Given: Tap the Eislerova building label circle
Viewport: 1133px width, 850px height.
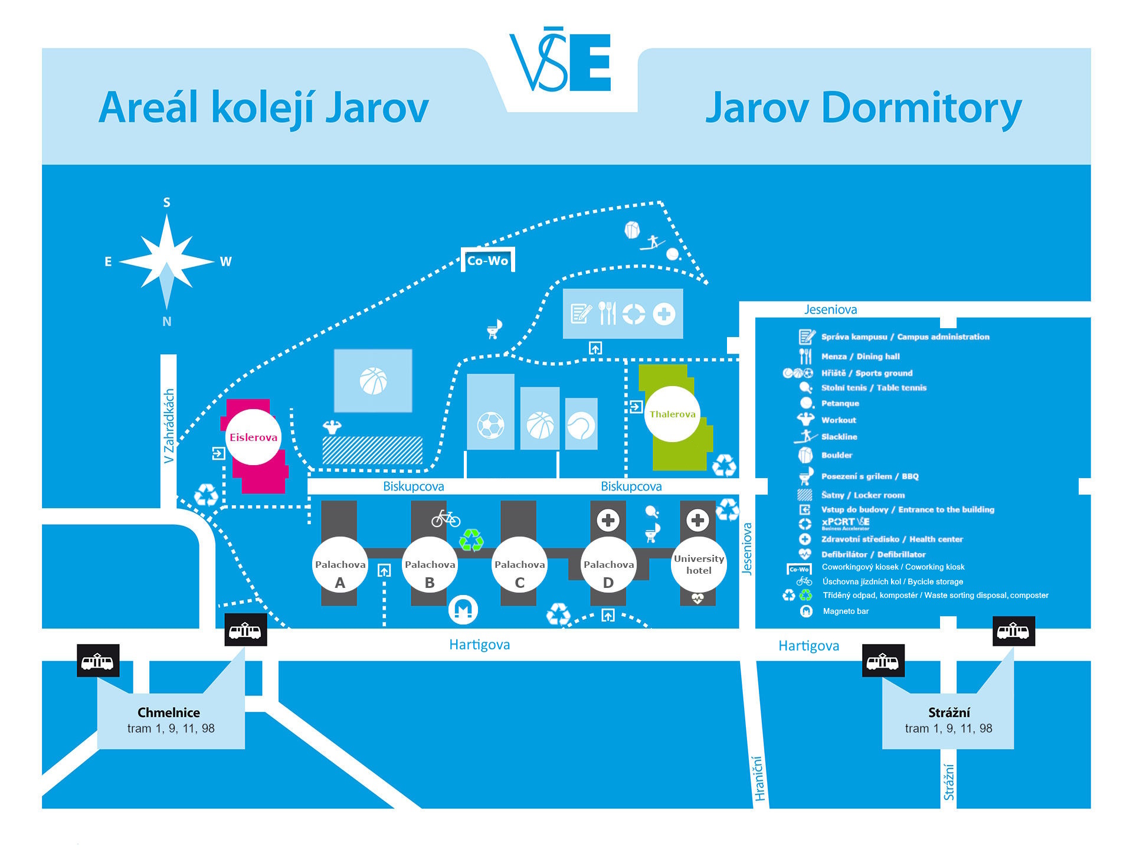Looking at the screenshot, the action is click(254, 437).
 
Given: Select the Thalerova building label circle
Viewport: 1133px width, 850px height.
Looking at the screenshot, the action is click(672, 414).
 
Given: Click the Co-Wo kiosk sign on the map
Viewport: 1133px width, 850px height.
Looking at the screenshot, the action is click(488, 260).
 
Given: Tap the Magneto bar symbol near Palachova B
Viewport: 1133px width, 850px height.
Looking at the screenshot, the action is click(463, 609).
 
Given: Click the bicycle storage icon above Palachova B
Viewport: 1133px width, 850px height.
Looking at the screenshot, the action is click(446, 518).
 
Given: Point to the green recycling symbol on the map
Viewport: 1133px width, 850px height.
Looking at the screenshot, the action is click(471, 540).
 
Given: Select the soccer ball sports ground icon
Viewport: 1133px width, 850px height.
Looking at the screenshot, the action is click(490, 424).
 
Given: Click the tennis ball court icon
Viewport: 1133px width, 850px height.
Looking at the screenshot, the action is click(581, 426).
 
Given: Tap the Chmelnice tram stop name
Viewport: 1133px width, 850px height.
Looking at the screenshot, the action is click(169, 712).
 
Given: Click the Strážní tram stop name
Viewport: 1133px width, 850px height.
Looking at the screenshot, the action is click(949, 712).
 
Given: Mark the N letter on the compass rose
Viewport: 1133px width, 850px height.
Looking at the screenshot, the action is click(167, 322).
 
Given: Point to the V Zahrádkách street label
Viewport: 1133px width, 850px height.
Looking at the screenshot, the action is click(169, 426).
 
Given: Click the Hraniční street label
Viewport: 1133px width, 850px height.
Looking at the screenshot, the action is click(759, 779).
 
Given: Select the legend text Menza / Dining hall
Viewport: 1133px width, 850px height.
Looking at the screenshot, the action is click(860, 357).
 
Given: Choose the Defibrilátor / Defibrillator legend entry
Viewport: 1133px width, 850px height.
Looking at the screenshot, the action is click(873, 554).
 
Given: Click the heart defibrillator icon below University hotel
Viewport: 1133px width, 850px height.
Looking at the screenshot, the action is click(698, 599).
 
